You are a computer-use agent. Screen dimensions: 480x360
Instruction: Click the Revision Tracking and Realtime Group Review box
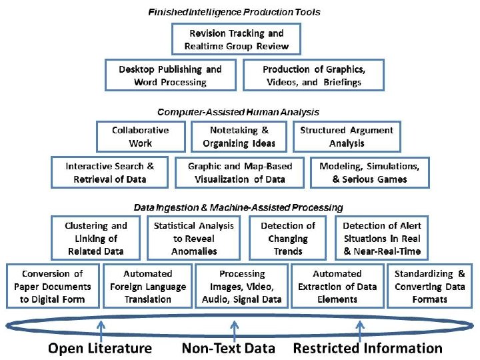click(237, 39)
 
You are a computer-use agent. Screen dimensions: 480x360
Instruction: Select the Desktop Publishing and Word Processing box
click(170, 75)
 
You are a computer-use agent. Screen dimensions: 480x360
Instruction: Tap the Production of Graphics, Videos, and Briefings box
click(313, 75)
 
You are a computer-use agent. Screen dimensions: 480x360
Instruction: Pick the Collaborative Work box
click(140, 137)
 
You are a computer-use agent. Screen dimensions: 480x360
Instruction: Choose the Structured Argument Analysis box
click(347, 137)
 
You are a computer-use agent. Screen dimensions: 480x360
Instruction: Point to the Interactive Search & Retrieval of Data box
click(109, 173)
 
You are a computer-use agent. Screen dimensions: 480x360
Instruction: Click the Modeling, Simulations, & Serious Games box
click(369, 173)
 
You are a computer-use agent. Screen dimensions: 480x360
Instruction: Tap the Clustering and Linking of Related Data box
click(96, 238)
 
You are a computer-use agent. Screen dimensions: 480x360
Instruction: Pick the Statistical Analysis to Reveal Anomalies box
click(194, 238)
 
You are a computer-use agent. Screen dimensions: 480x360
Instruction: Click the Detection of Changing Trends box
click(288, 238)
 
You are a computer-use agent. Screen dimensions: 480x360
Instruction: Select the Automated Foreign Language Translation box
click(147, 286)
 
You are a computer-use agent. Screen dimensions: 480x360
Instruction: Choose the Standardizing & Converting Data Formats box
click(429, 286)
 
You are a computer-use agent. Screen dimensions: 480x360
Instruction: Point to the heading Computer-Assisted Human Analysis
click(238, 112)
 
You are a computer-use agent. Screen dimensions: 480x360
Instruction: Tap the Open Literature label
click(99, 348)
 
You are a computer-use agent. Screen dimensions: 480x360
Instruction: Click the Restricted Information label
click(368, 348)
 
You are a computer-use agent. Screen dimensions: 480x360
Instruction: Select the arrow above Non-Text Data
click(233, 328)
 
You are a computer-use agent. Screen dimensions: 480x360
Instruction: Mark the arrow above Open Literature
click(101, 328)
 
